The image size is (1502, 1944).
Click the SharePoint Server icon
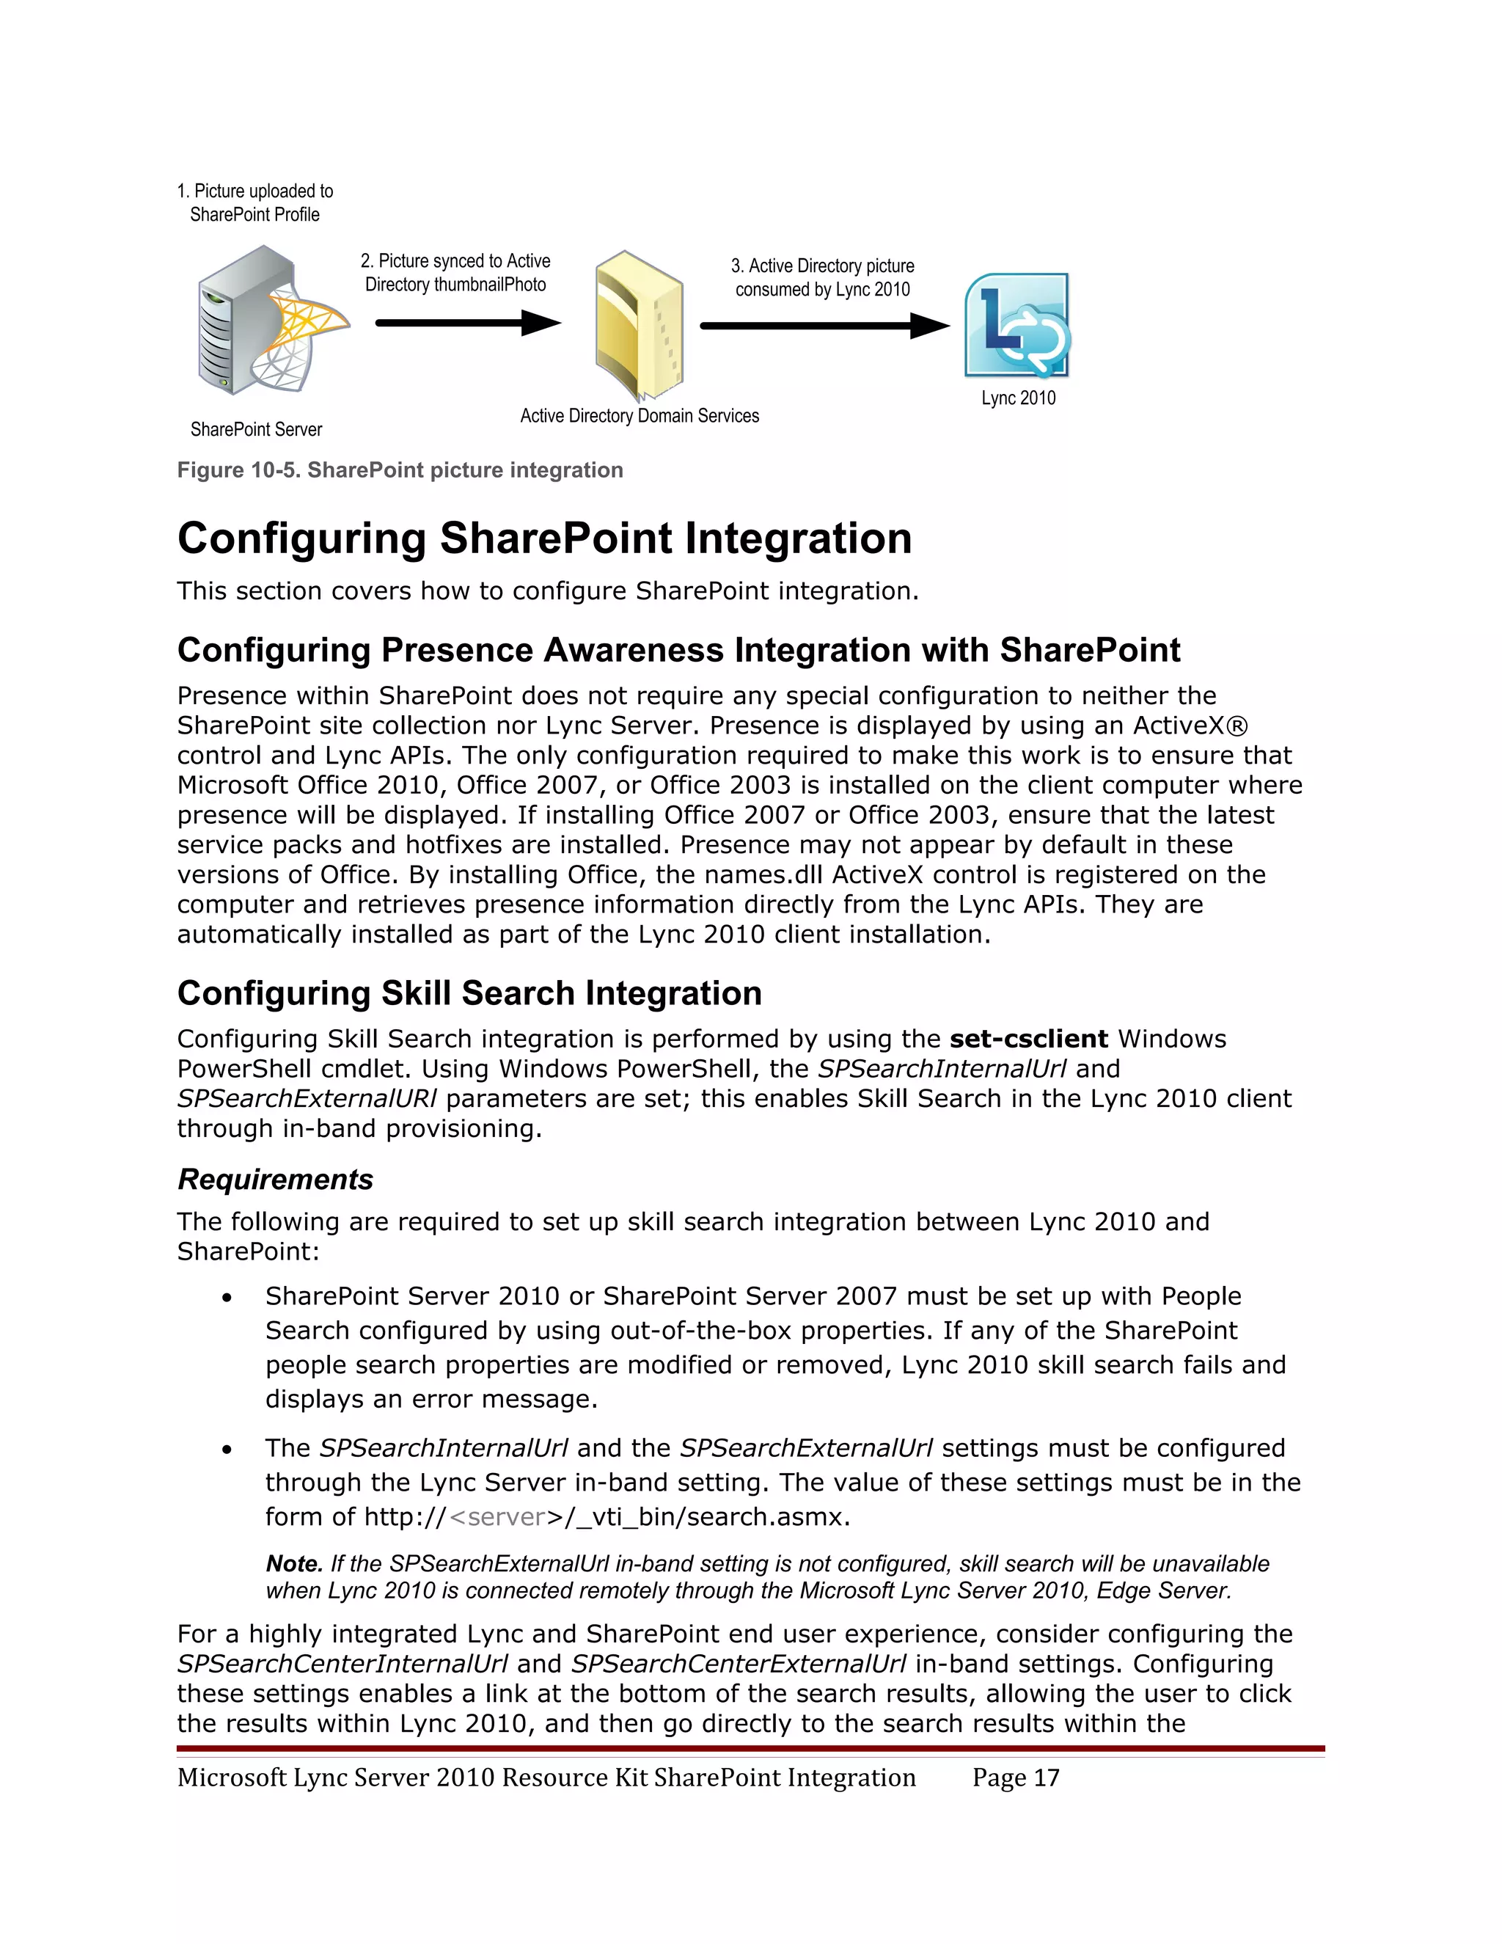pos(267,322)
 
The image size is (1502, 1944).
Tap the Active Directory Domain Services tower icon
pos(638,325)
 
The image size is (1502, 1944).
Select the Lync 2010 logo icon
pos(1017,326)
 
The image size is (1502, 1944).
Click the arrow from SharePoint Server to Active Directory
pos(467,322)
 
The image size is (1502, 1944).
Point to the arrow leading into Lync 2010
pos(824,326)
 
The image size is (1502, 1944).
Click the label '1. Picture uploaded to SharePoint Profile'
pos(254,203)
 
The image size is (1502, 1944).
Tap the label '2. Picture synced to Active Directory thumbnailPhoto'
pos(455,272)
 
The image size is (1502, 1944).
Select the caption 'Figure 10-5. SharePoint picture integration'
pos(400,470)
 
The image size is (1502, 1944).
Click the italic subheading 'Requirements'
pos(275,1180)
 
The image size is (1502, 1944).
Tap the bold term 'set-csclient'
pos(1027,1039)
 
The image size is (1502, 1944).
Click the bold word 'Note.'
pos(293,1564)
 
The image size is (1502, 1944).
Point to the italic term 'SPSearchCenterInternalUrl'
pos(342,1664)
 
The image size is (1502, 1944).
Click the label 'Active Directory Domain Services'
pos(639,416)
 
